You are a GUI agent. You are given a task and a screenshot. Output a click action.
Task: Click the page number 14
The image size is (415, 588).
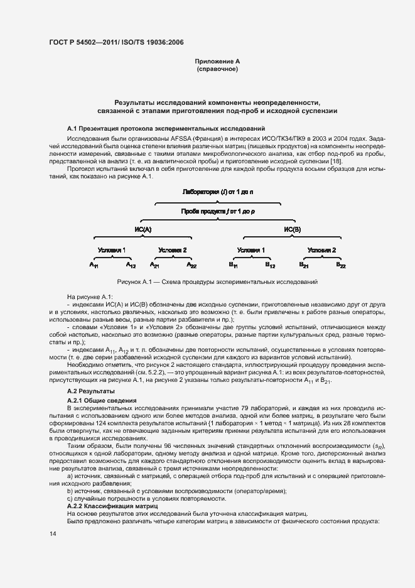coord(53,533)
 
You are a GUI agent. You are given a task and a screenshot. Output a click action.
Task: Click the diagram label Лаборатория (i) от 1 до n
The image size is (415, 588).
coord(217,190)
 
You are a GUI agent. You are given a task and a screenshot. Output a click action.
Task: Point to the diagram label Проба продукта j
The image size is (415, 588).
coord(217,212)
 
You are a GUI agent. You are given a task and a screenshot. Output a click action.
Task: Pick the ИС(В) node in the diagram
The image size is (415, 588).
coord(293,230)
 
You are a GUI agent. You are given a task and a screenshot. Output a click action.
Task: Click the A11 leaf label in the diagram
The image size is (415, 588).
coord(94,266)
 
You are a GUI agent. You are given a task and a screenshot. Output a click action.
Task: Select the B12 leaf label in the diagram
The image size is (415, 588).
coord(270,266)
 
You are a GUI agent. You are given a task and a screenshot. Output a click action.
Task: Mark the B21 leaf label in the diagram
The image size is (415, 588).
coord(304,266)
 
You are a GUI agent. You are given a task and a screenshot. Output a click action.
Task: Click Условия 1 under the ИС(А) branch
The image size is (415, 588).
coord(112,249)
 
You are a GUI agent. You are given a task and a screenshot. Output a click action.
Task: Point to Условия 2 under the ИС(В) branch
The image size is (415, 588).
coord(322,249)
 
